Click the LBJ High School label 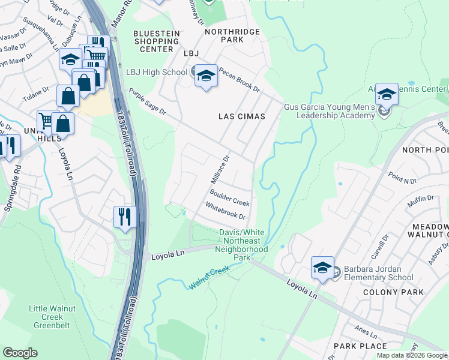(x=157, y=73)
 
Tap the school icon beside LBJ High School (x=206, y=76)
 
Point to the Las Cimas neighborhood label (x=243, y=116)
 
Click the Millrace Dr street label (x=220, y=170)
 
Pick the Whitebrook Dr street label (x=226, y=211)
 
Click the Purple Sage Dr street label (x=146, y=102)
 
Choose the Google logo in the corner (x=20, y=353)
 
